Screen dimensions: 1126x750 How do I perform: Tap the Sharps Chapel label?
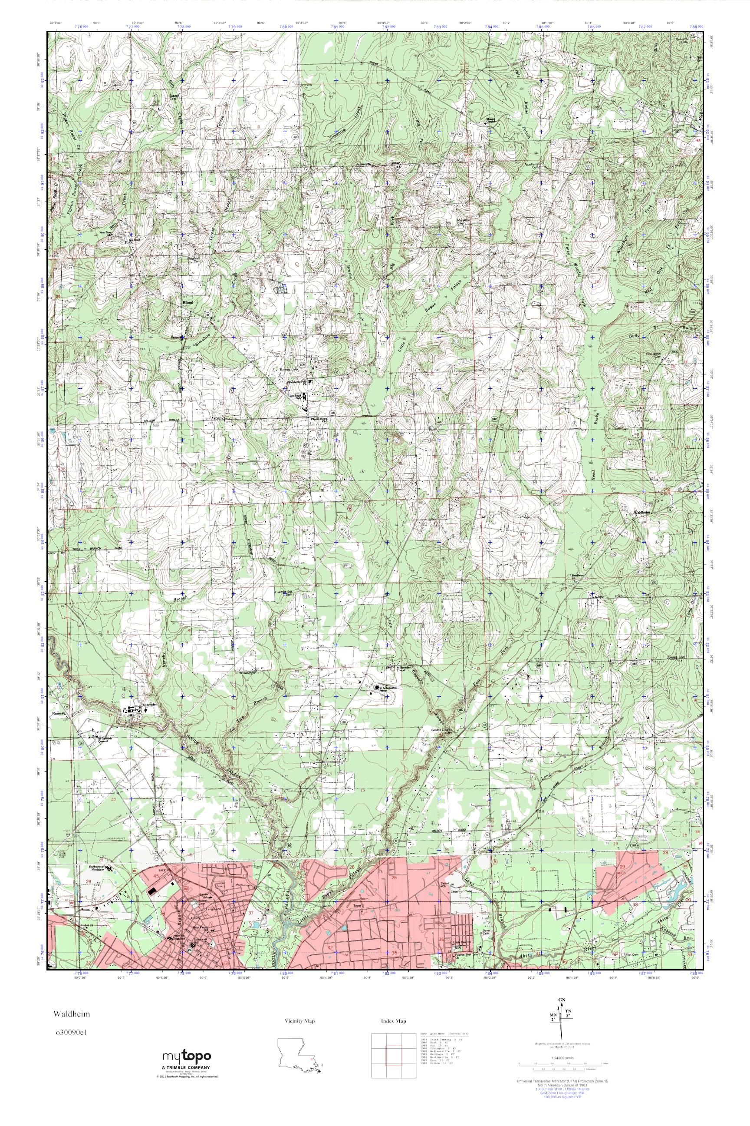[493, 120]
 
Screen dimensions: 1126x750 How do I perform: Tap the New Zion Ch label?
[105, 233]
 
